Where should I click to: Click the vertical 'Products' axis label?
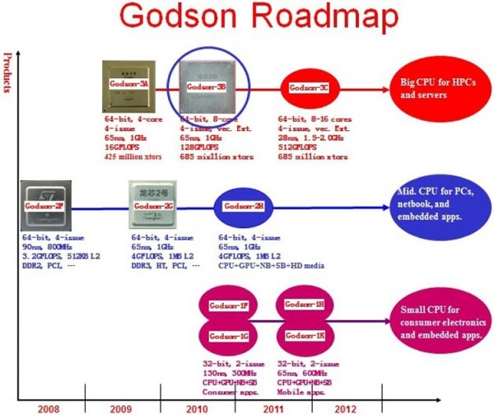[x=7, y=72]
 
